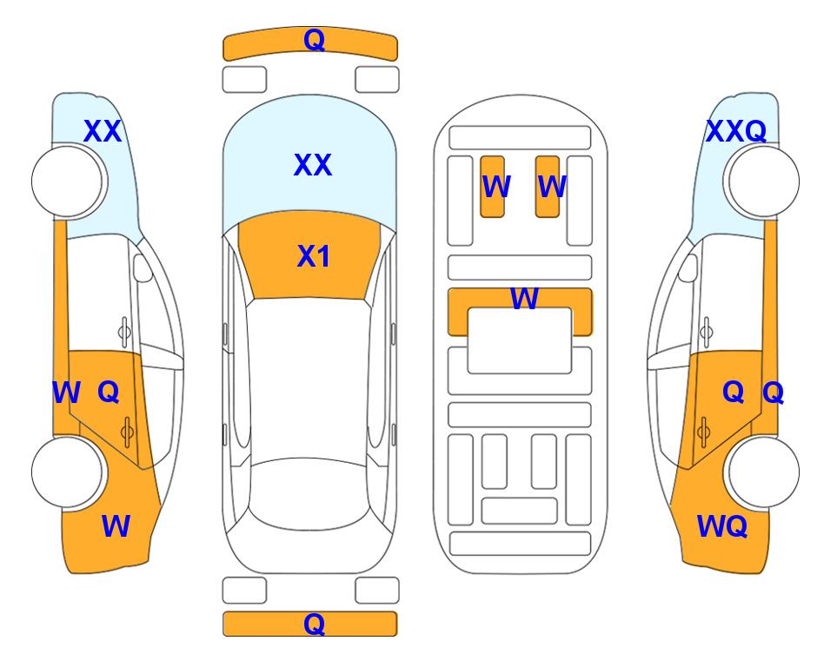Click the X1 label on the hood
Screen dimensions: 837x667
coord(314,256)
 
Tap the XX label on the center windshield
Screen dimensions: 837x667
coord(313,165)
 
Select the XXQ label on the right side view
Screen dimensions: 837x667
coord(736,131)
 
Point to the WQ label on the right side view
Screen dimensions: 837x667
coord(722,526)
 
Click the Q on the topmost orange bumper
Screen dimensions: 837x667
coord(315,39)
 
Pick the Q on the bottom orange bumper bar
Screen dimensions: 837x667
coord(315,624)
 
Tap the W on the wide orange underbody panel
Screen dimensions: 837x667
coord(524,299)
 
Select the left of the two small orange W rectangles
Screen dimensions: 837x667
coord(492,187)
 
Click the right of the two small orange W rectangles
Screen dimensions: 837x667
coord(548,187)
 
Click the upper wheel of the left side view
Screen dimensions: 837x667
coord(67,182)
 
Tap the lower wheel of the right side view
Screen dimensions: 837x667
coord(763,472)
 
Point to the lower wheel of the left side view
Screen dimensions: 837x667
coord(67,472)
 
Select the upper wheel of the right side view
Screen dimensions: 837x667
coord(763,182)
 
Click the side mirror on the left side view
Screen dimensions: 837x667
coord(143,267)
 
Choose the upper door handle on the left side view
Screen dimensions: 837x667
coord(124,332)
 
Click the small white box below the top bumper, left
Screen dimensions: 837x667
coord(244,80)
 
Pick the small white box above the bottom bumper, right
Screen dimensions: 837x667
coord(377,591)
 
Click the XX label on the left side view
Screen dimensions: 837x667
coord(103,131)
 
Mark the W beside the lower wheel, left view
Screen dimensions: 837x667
coord(116,526)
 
